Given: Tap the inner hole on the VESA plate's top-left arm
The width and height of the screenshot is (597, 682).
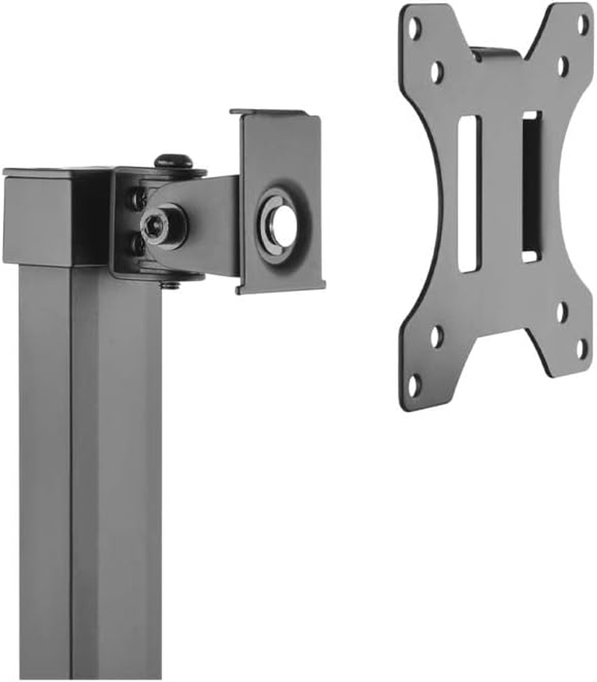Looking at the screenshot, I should [437, 72].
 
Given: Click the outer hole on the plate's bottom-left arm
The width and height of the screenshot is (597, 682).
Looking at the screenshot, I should [414, 384].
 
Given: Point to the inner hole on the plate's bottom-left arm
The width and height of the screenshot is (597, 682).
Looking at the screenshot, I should [437, 337].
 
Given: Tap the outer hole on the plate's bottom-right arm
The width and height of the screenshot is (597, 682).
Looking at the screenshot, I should [582, 348].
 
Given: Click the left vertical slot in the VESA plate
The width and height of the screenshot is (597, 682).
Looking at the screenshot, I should [469, 193].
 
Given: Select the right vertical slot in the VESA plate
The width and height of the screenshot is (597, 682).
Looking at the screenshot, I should [531, 187].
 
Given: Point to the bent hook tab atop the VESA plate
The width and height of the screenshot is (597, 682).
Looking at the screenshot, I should [495, 54].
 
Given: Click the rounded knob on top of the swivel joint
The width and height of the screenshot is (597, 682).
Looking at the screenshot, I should [173, 160].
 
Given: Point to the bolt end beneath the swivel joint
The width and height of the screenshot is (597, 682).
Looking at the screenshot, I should [171, 282].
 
